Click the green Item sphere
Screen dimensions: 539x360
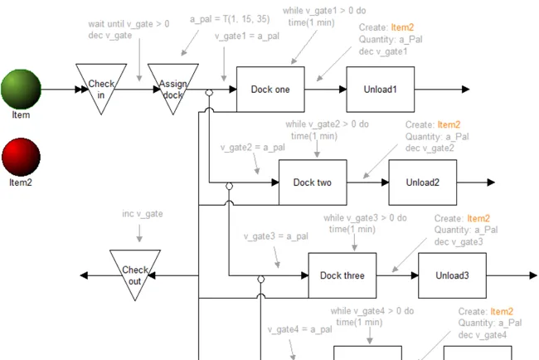[21, 90]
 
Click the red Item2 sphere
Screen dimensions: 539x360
[21, 157]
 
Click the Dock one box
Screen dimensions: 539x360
[270, 90]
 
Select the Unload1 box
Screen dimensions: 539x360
[380, 90]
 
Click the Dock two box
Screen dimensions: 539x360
[313, 182]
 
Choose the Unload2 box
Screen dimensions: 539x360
[422, 182]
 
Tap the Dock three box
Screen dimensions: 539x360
[342, 275]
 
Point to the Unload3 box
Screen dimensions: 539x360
[452, 275]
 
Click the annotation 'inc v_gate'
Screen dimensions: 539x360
[143, 214]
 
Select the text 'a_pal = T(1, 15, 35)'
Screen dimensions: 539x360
[230, 19]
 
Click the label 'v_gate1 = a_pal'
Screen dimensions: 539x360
[247, 36]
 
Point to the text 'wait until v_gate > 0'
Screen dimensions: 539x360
[129, 24]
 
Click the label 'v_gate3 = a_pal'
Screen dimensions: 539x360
[276, 236]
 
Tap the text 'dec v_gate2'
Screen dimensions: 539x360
[430, 148]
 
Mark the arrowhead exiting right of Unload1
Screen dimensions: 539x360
[466, 90]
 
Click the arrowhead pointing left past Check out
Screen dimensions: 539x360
[84, 275]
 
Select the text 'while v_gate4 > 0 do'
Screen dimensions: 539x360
[372, 311]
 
